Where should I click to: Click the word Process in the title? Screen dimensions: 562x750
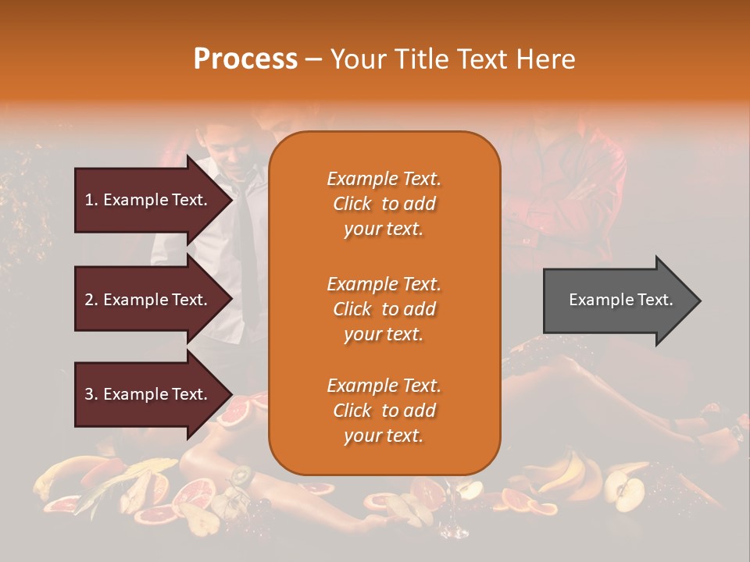point(245,59)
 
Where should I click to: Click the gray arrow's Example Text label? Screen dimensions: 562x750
point(620,300)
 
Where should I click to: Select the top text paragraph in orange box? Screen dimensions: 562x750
point(384,204)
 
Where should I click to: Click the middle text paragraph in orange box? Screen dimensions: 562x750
point(384,308)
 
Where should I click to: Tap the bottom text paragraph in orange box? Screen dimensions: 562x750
point(384,411)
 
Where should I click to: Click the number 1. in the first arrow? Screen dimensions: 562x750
point(91,200)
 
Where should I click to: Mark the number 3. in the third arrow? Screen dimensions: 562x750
point(91,394)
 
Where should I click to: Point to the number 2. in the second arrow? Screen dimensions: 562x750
point(91,300)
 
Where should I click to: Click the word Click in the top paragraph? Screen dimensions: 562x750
point(352,204)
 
